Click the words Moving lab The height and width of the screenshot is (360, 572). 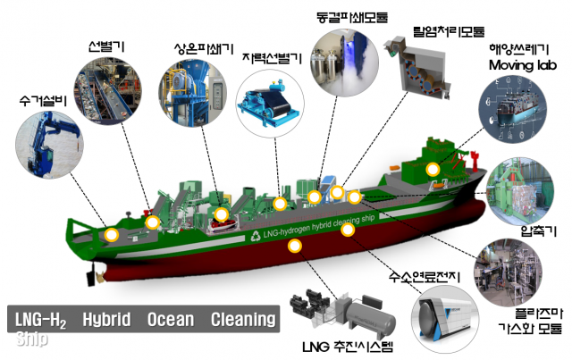point(523,65)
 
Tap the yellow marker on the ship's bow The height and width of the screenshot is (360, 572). point(112,235)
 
